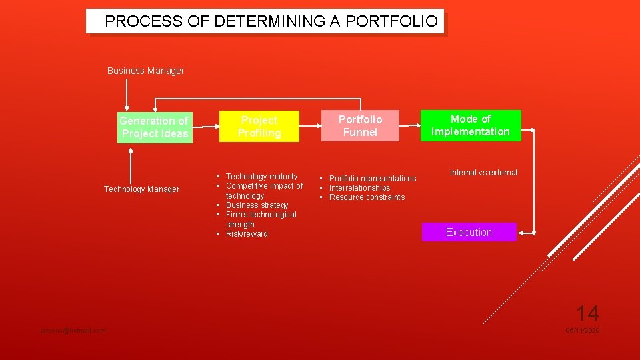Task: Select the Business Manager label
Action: point(145,71)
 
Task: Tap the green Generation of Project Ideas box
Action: point(155,127)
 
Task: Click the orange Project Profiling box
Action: point(259,127)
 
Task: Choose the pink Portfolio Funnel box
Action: point(360,125)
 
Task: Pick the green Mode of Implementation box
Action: point(470,125)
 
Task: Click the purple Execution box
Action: point(469,232)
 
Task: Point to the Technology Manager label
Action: point(141,189)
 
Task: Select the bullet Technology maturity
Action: point(261,176)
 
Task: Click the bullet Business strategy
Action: point(257,205)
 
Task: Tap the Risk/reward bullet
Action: point(247,234)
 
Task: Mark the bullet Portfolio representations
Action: point(372,178)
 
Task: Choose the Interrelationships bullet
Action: point(359,188)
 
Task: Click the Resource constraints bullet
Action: point(367,197)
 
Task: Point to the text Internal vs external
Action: point(483,173)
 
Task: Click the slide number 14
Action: point(587,313)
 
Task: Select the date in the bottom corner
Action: point(583,331)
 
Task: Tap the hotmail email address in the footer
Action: point(73,331)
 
